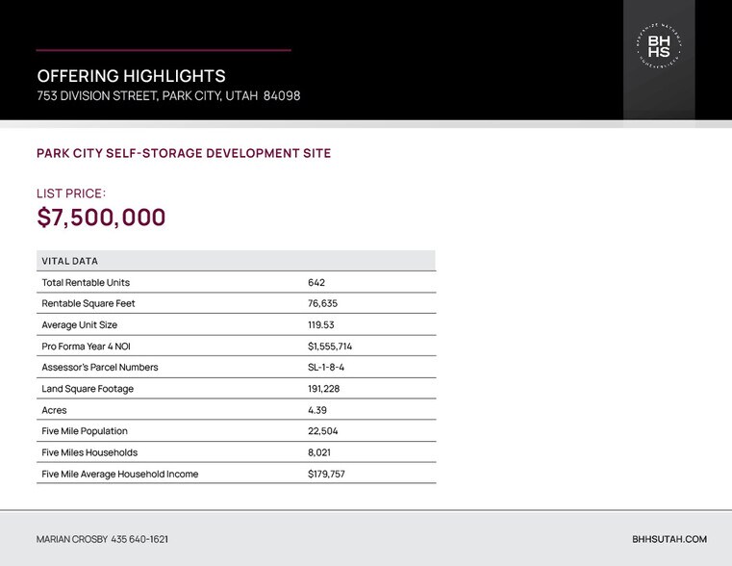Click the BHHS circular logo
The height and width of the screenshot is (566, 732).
coord(659,46)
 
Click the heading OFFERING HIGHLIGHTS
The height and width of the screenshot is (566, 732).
coord(131,76)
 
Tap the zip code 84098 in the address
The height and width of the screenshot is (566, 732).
coord(281,96)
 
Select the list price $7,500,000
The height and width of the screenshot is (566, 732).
coord(101,218)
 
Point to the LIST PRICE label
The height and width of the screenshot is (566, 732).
coord(70,193)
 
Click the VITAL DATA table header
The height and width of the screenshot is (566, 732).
coord(70,261)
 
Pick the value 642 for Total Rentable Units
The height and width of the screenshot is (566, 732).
coord(316,283)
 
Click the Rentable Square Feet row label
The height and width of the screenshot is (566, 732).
coord(88,304)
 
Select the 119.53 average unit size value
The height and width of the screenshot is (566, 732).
coord(321,325)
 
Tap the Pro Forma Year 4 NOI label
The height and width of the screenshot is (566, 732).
coord(86,347)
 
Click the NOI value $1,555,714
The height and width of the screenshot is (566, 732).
coord(330,347)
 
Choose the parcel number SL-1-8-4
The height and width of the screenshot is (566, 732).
coord(326,368)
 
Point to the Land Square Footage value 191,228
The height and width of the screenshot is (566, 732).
coord(323,389)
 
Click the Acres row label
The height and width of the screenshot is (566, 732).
coord(54,410)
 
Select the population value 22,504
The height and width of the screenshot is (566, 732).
coord(322,431)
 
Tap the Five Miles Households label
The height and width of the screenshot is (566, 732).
coord(89,452)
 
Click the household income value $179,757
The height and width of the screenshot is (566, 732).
coord(326,474)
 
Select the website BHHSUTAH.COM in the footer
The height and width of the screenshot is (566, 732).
coord(669,540)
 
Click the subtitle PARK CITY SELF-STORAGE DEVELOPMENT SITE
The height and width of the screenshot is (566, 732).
coord(184,153)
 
